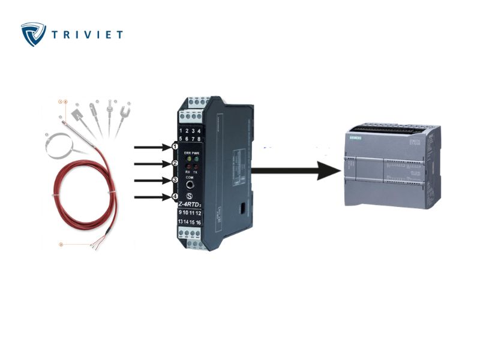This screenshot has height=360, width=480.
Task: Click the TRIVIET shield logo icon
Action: click(x=34, y=34)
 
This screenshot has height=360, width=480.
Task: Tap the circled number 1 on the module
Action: click(x=175, y=146)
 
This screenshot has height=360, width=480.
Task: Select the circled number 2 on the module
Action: click(x=175, y=163)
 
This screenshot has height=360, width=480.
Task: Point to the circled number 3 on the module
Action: click(x=175, y=180)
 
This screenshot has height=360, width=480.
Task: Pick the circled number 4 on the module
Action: click(x=175, y=196)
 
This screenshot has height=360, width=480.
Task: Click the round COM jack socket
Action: click(x=190, y=186)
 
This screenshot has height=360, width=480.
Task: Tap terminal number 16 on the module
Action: click(x=198, y=222)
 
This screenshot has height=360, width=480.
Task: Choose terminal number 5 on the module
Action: click(x=180, y=138)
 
